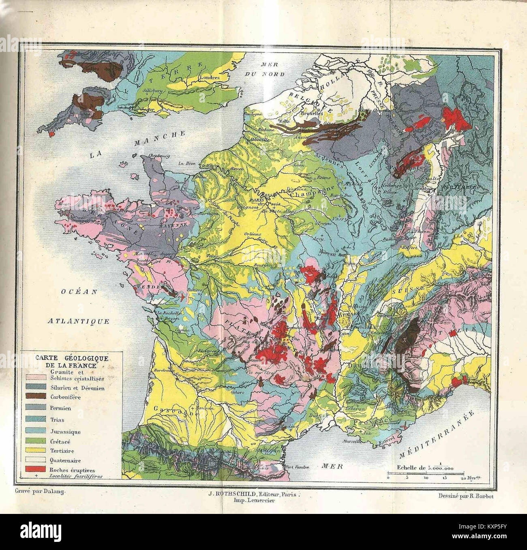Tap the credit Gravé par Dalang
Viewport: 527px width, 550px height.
tap(40, 490)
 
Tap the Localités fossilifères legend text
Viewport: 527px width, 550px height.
tap(75, 476)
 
